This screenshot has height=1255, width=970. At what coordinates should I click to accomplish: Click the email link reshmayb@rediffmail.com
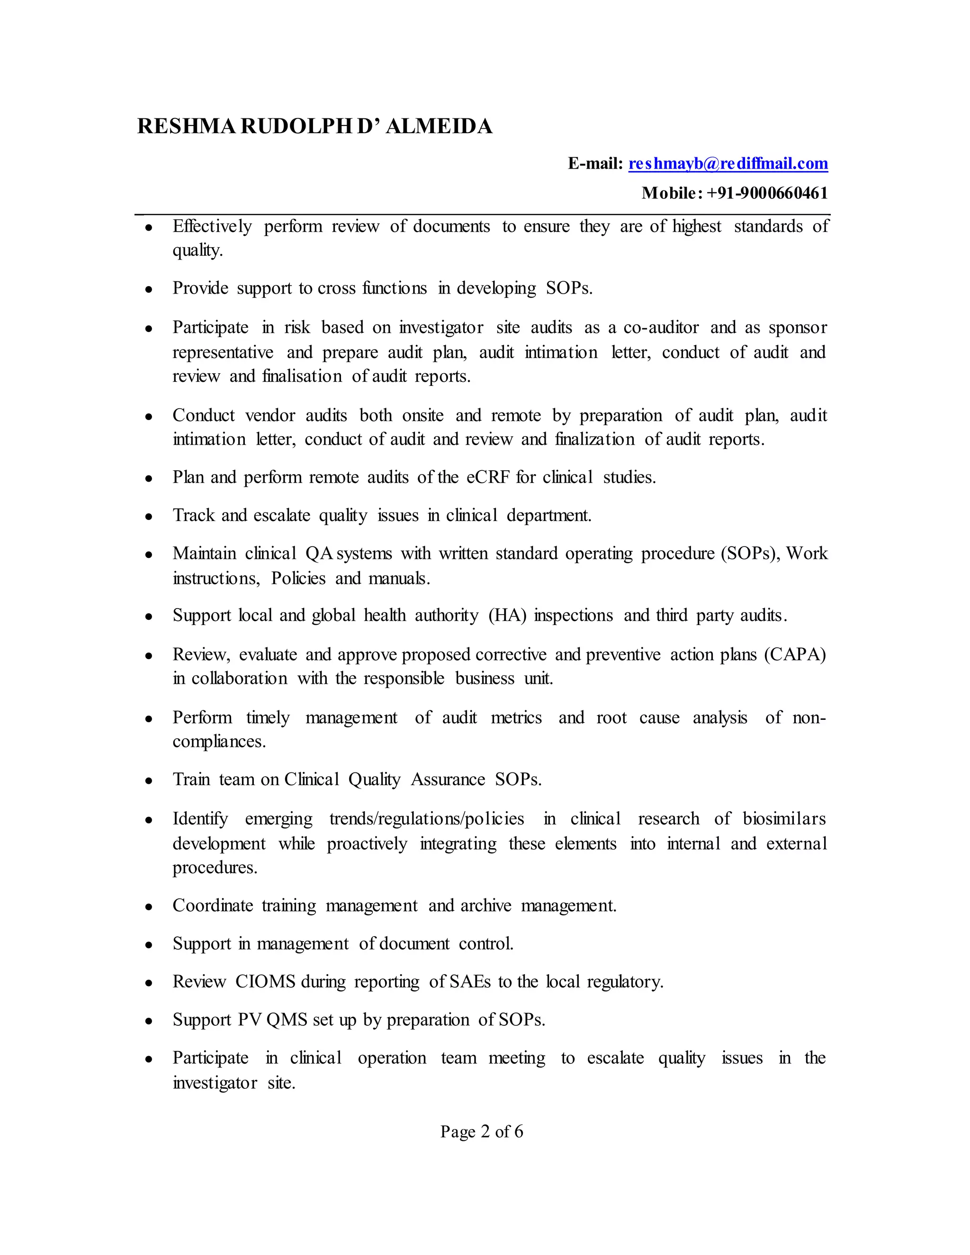tap(727, 164)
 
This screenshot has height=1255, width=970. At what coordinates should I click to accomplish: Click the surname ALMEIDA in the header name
tap(439, 126)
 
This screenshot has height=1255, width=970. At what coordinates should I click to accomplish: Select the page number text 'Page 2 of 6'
tap(482, 1131)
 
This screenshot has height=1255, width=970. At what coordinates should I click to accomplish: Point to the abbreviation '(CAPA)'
tap(795, 654)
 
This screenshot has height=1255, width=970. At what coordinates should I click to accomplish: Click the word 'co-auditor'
tap(661, 328)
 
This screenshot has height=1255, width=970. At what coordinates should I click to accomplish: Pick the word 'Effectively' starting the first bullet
tap(212, 226)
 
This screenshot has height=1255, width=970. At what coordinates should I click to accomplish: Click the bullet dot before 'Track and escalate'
tap(149, 517)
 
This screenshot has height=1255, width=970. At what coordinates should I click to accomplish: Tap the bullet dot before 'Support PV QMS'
tap(149, 1021)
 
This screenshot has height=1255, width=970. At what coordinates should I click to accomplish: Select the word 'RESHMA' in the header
tap(186, 126)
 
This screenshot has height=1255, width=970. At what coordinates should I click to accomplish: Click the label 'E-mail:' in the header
tap(595, 164)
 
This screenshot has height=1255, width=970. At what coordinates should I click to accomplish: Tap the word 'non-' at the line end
tap(808, 717)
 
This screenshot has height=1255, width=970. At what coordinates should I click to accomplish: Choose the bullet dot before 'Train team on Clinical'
tap(149, 781)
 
